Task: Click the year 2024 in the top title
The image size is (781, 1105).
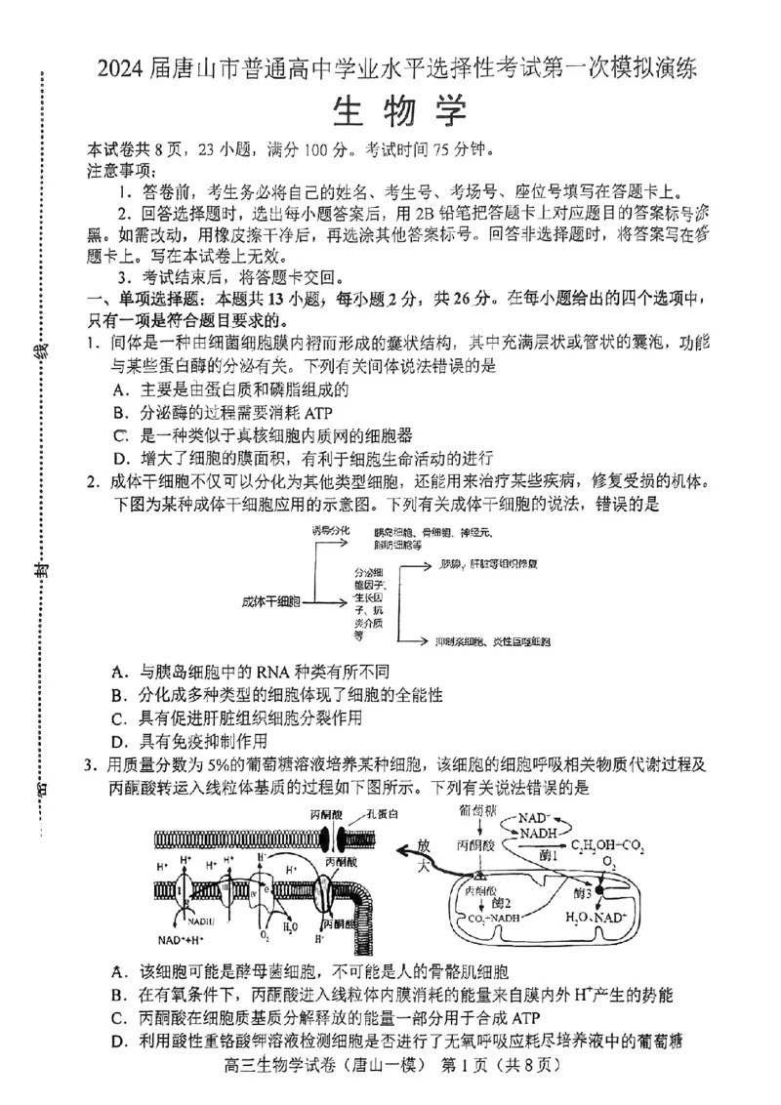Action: pyautogui.click(x=120, y=68)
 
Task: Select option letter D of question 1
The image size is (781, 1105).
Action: pyautogui.click(x=120, y=458)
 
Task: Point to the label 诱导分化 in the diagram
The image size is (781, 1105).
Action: pyautogui.click(x=331, y=529)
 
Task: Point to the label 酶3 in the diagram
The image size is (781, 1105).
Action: pyautogui.click(x=585, y=892)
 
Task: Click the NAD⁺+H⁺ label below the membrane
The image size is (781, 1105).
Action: pyautogui.click(x=182, y=940)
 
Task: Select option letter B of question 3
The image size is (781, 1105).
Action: pyautogui.click(x=120, y=995)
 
